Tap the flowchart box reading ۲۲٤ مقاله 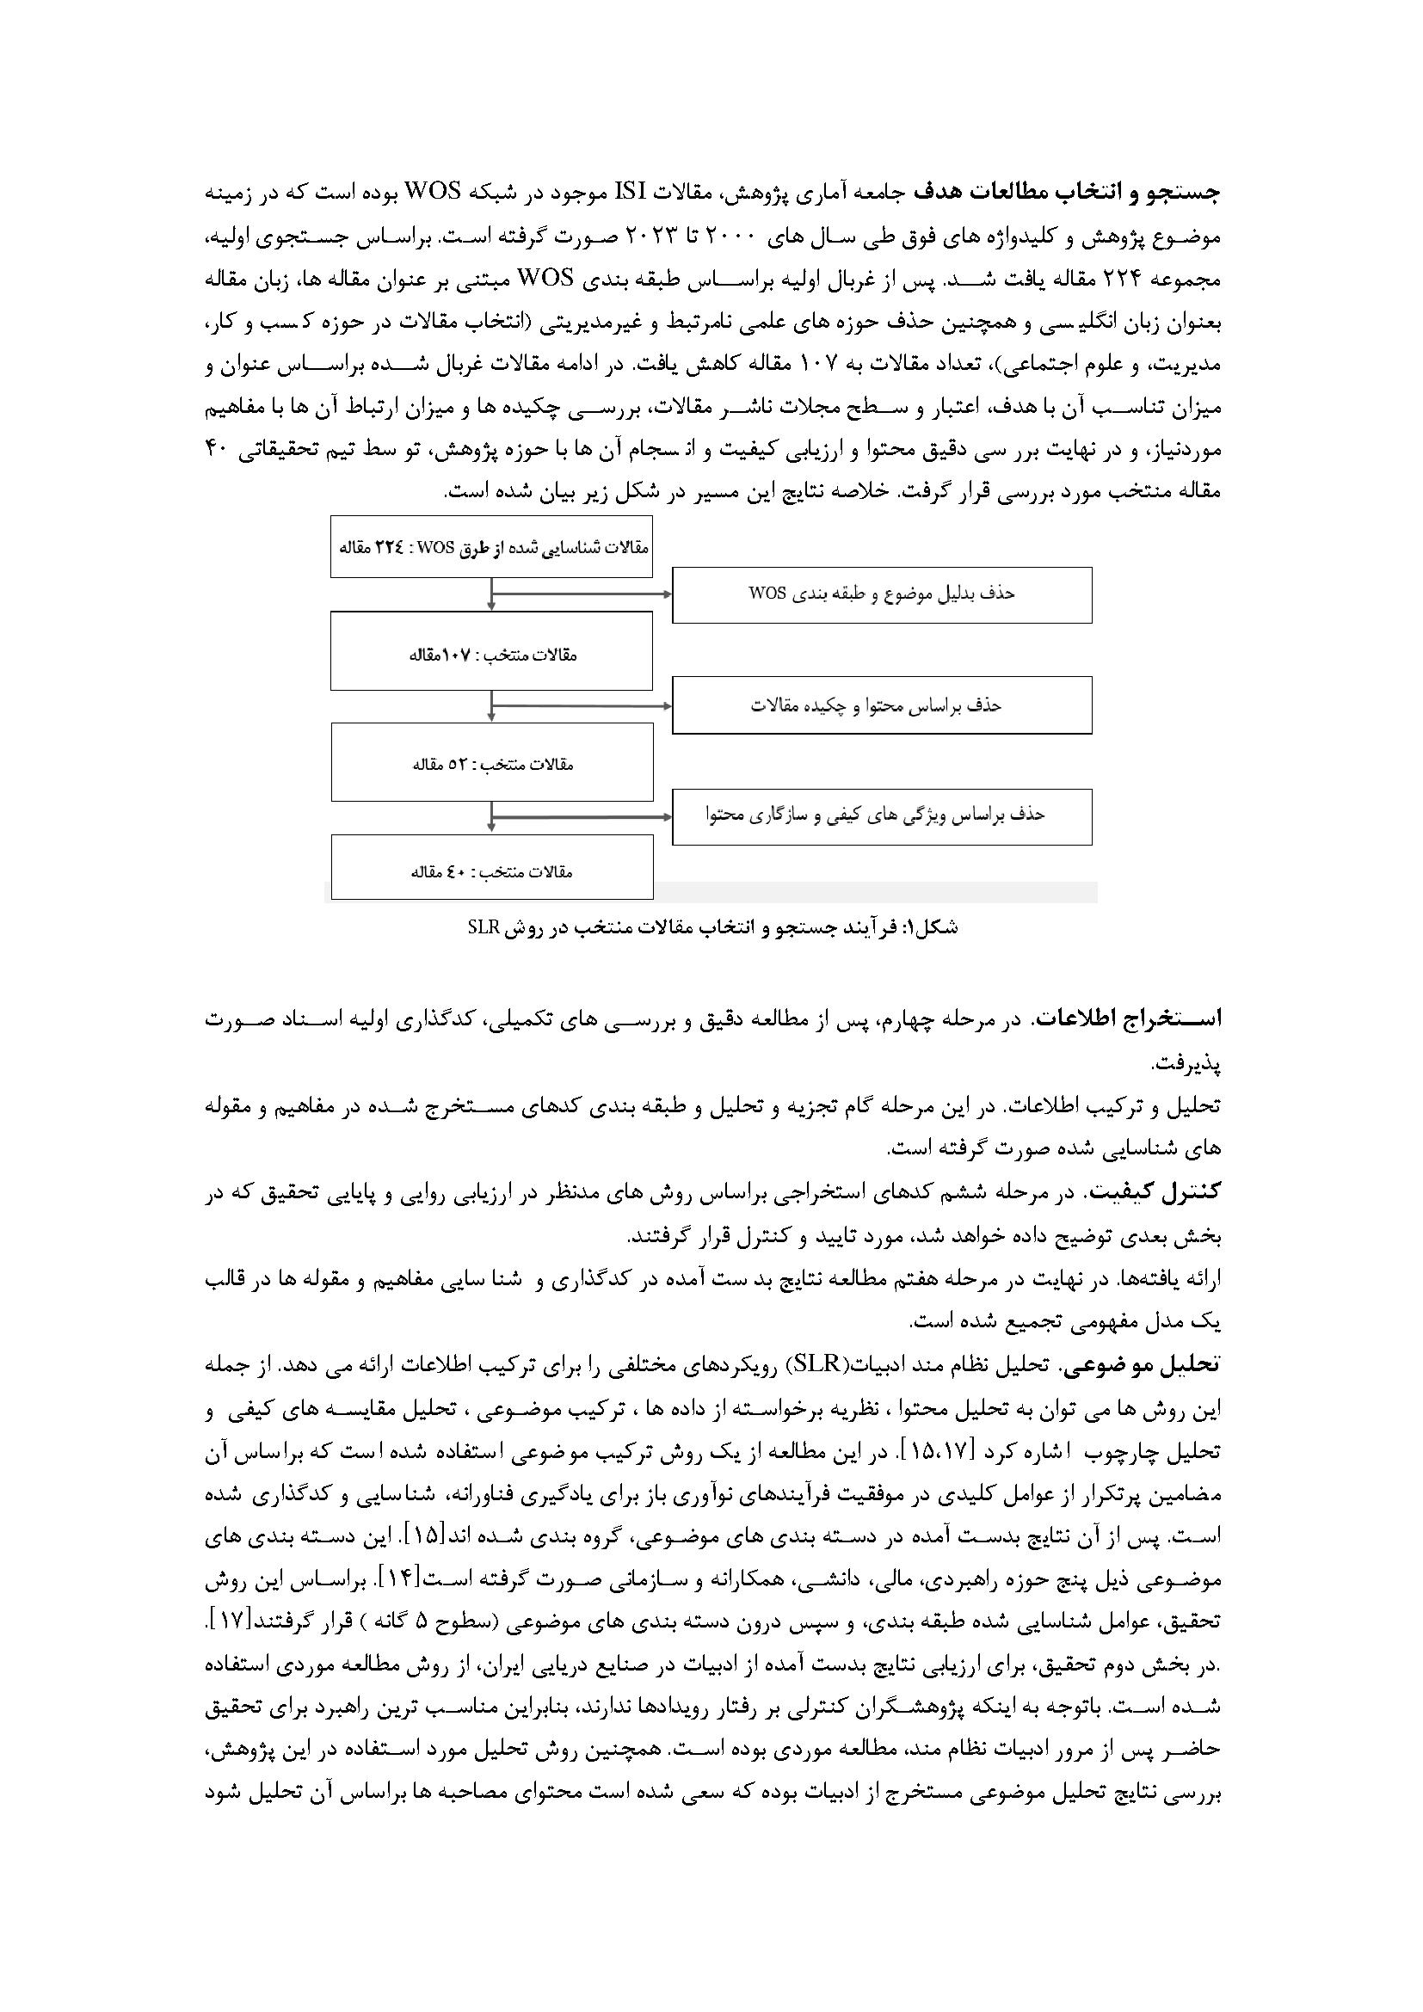[x=491, y=548]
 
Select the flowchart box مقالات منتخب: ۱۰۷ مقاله [x=491, y=650]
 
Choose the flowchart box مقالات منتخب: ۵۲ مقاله [x=491, y=762]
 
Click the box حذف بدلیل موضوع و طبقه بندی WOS [x=882, y=595]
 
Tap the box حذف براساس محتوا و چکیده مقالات [x=882, y=705]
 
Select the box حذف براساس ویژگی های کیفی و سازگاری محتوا [x=882, y=816]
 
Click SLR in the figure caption [x=483, y=928]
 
